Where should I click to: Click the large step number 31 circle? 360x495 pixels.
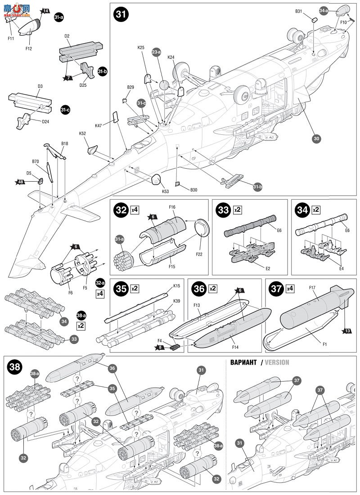click(121, 14)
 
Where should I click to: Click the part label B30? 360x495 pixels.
click(193, 190)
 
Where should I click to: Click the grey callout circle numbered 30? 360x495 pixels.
click(316, 139)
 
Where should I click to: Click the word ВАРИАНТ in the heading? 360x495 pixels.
click(243, 362)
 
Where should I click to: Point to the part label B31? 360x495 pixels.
click(299, 11)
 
